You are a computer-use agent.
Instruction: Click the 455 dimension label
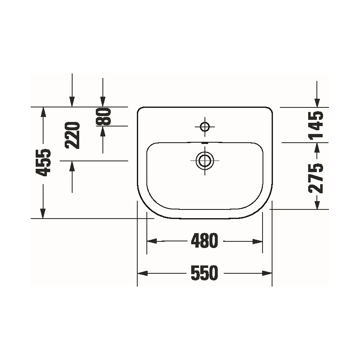[x=43, y=162]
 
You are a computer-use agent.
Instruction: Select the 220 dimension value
[x=73, y=135]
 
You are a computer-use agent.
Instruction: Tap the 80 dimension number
[x=104, y=117]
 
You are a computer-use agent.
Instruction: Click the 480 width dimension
[x=204, y=241]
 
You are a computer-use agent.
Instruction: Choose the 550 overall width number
[x=204, y=273]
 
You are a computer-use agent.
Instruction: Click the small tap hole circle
[x=205, y=126]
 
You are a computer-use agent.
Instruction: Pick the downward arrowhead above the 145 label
[x=317, y=102]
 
